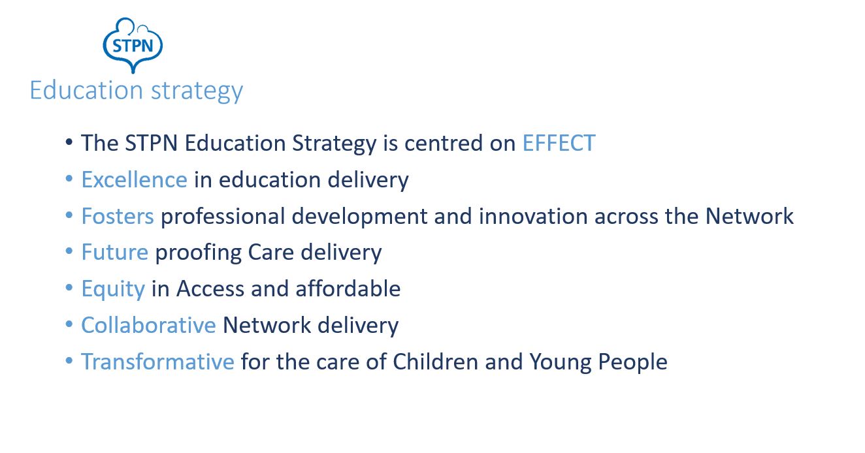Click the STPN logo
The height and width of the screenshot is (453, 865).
(133, 44)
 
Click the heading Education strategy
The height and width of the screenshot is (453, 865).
(136, 90)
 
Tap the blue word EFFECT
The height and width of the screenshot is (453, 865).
(559, 143)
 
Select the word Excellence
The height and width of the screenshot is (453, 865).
(134, 180)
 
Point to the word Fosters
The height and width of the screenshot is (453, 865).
(118, 216)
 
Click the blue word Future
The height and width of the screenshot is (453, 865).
(114, 252)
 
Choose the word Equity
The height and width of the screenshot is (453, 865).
(113, 289)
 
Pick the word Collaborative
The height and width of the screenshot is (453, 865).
(148, 325)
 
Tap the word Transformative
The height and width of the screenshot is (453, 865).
(157, 362)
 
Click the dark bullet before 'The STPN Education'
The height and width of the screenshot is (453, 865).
(69, 142)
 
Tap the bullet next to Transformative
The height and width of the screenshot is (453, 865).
(69, 361)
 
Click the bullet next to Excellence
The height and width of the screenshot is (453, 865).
(69, 179)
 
